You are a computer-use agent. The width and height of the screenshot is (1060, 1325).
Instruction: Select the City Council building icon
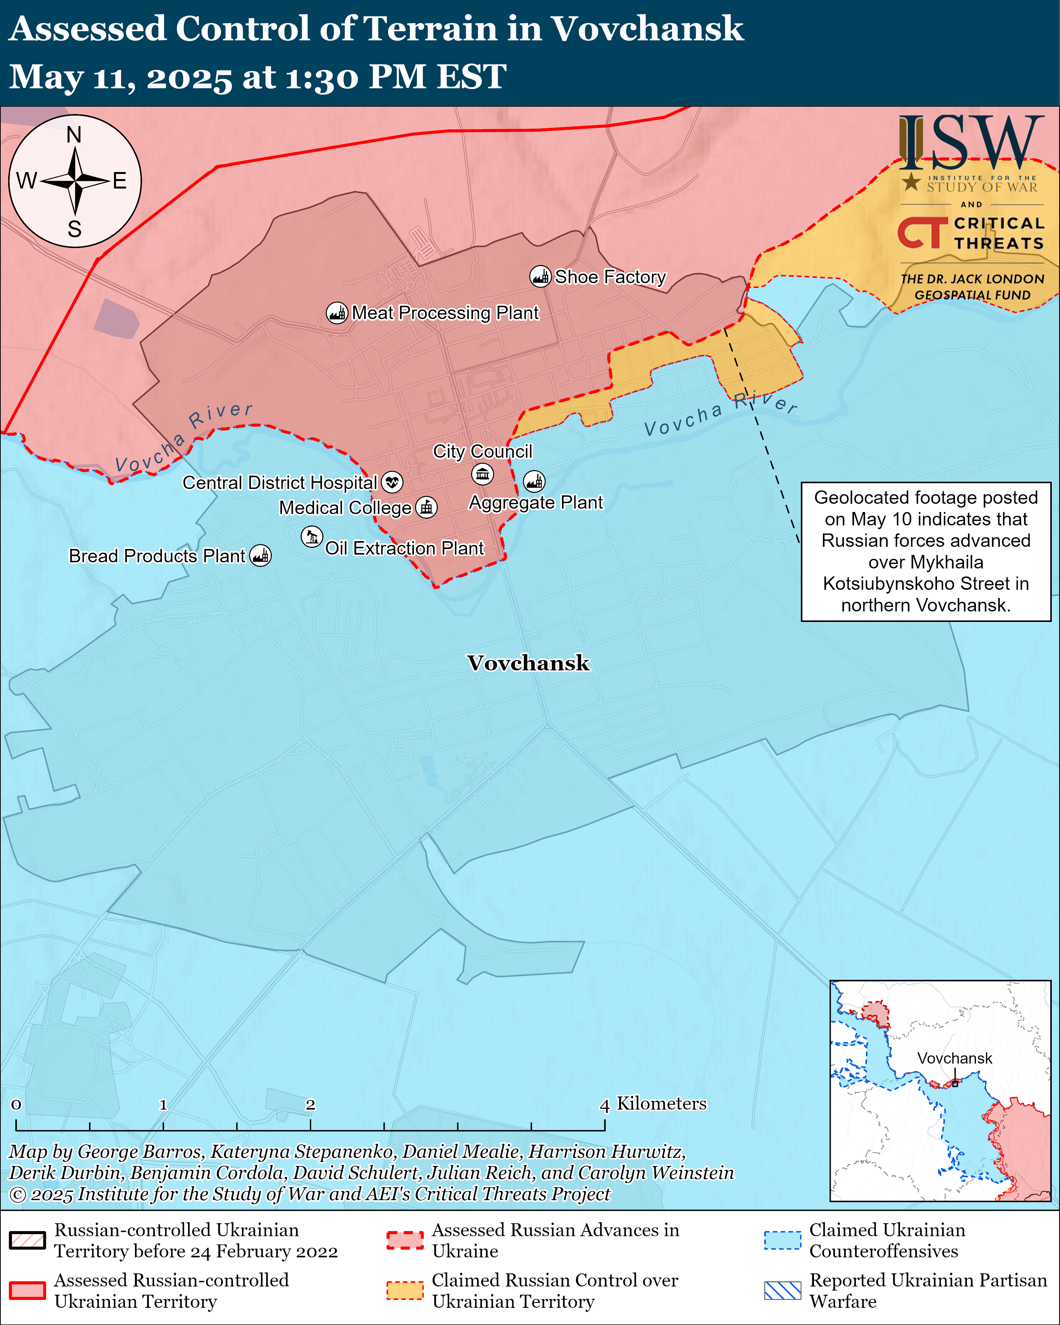482,474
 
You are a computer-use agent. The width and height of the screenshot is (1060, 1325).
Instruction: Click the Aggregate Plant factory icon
534,481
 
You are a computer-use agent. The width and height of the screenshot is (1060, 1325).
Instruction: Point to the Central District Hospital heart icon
392,482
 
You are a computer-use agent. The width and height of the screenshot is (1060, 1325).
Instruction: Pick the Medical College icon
427,507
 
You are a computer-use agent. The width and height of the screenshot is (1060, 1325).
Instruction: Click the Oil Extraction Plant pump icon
311,537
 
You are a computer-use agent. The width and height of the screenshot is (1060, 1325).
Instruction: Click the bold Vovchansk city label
528,663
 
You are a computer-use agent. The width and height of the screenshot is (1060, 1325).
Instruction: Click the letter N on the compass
74,135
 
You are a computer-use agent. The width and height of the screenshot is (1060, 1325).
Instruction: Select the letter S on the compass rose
74,229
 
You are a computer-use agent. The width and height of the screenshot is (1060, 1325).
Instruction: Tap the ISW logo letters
971,143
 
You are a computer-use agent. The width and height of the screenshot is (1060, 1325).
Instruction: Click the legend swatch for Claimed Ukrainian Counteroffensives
782,1240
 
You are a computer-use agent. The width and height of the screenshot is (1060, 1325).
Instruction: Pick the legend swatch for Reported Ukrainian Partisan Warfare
782,1291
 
